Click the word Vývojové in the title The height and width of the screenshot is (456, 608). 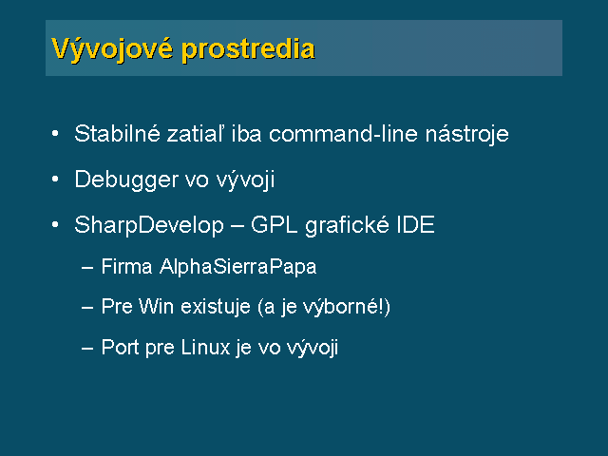112,49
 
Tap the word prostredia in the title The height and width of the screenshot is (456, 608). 248,49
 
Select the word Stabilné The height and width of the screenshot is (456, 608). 117,133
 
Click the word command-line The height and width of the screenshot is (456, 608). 343,133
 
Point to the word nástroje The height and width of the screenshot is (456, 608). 467,133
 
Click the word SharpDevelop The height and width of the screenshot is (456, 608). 149,226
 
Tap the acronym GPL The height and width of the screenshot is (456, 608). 275,225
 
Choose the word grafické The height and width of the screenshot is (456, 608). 347,226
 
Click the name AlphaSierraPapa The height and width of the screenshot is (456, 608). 238,267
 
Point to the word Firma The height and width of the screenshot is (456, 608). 126,267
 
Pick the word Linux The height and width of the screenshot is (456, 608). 205,347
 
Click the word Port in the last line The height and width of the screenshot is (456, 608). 120,347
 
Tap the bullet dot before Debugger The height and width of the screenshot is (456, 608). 55,179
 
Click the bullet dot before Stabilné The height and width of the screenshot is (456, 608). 55,133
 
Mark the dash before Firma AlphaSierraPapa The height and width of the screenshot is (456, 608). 87,268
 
